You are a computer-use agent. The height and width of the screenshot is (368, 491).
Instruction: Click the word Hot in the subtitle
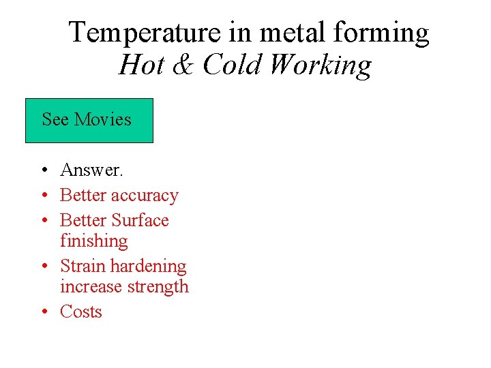coord(139,65)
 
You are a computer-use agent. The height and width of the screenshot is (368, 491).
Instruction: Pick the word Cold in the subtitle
coord(232,65)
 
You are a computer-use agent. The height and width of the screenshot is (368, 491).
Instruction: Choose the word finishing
coord(93,241)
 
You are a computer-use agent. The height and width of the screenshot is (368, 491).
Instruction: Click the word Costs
coord(80,311)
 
